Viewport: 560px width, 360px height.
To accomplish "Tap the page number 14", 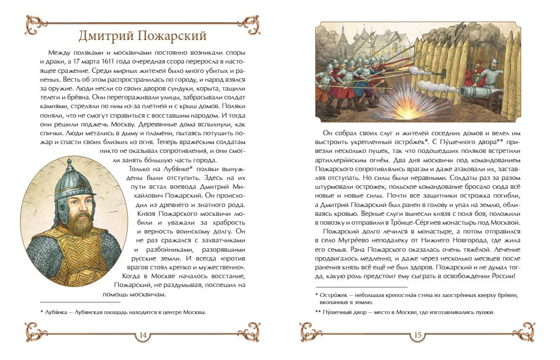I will [142, 335].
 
